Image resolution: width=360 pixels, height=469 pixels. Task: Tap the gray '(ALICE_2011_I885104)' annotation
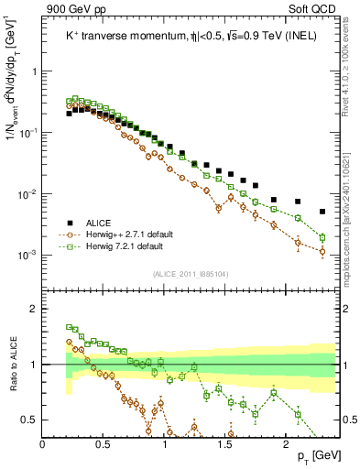(x=190, y=272)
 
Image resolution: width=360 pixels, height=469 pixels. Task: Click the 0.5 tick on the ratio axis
(x=29, y=420)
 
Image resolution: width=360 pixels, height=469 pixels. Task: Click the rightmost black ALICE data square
(x=322, y=212)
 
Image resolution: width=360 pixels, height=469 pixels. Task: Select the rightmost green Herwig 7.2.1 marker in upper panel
(x=322, y=237)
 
